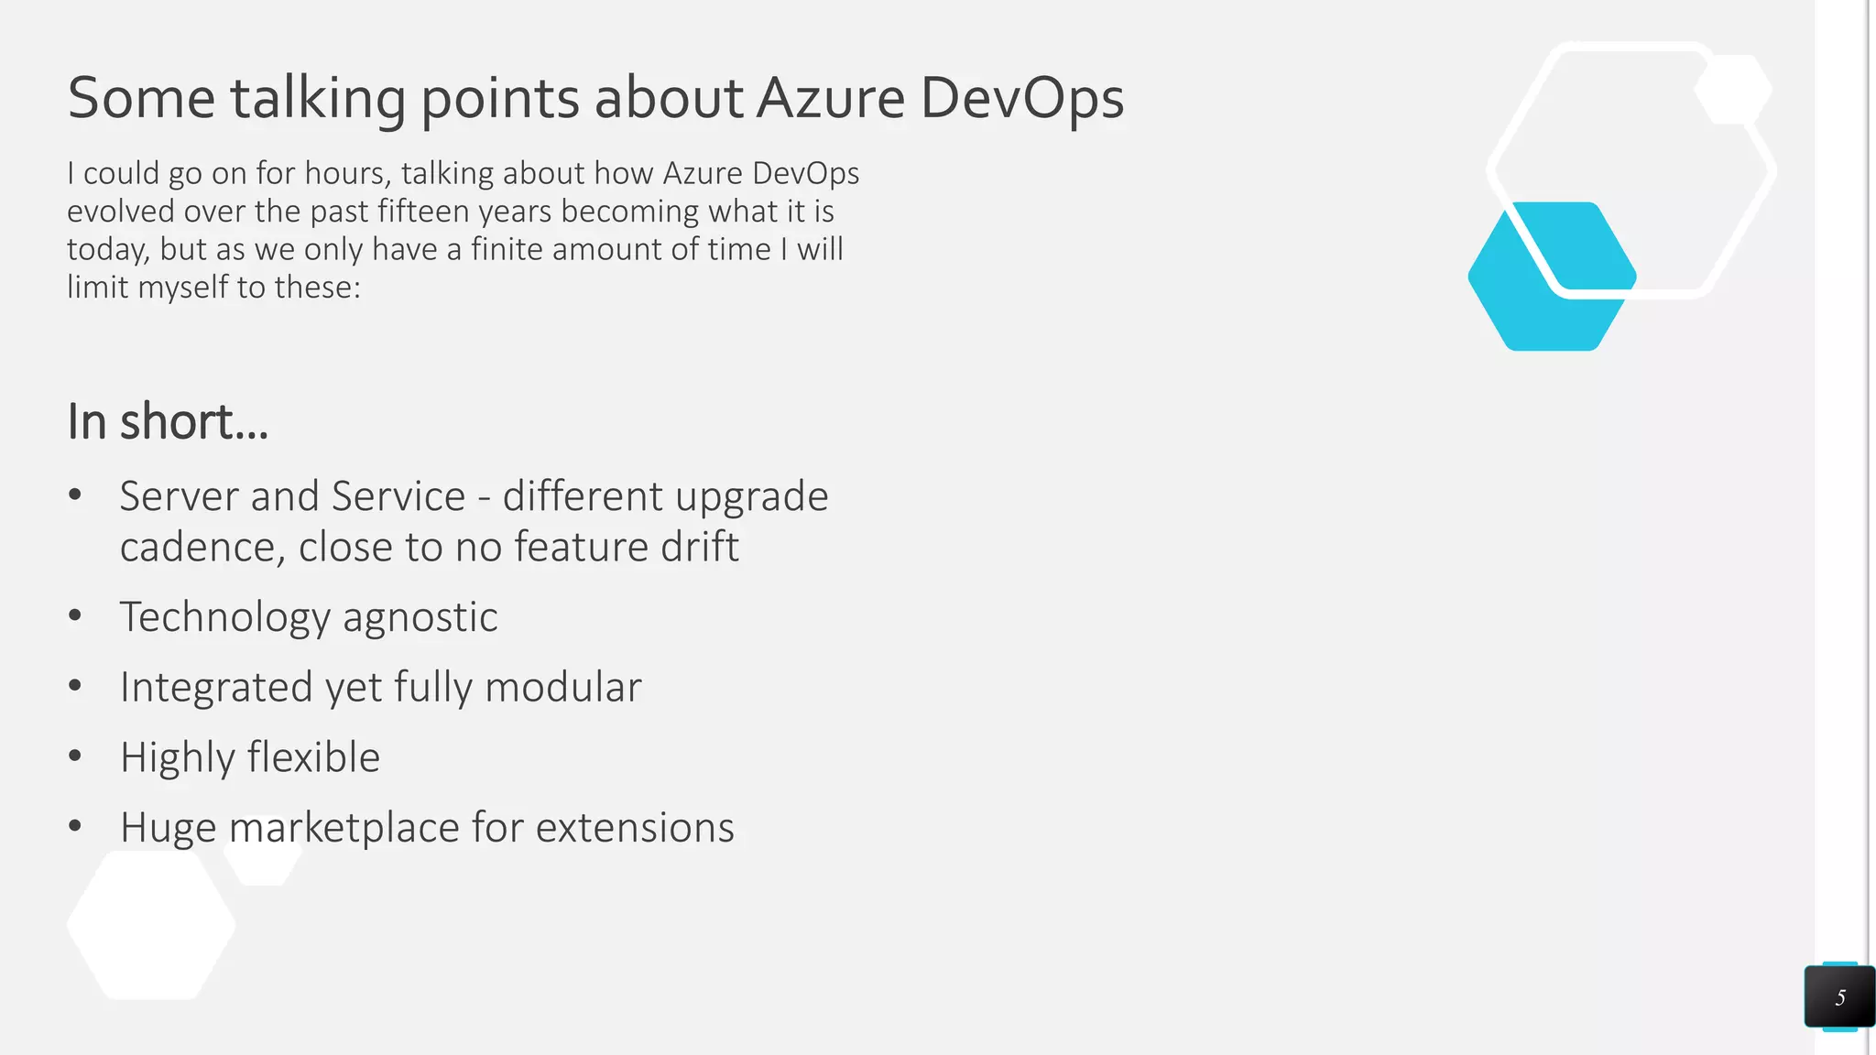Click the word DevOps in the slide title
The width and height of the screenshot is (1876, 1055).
[1021, 98]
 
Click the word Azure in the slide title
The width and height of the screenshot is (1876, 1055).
[830, 98]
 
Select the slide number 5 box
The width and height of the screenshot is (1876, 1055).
[1839, 996]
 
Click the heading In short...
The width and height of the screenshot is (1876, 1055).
[168, 421]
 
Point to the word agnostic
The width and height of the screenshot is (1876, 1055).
[420, 616]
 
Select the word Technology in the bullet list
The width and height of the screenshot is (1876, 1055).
[224, 616]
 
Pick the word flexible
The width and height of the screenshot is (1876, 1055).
[313, 757]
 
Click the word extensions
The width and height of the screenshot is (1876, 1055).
[635, 827]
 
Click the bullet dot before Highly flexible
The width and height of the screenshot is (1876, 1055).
[75, 756]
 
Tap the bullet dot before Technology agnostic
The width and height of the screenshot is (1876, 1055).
[75, 615]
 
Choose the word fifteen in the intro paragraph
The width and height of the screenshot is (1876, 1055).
[425, 212]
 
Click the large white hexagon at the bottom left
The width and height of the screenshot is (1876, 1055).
[151, 925]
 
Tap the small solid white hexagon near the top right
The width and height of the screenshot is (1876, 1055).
[1732, 90]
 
